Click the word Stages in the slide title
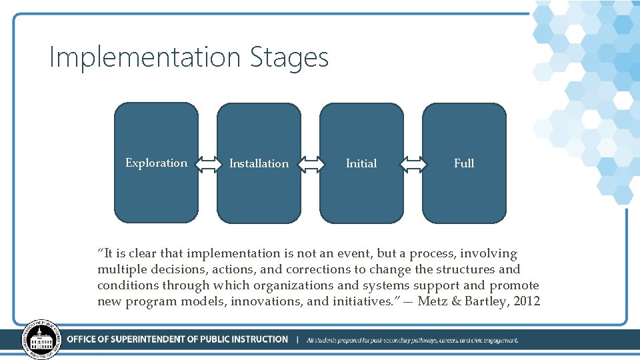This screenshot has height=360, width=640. pyautogui.click(x=289, y=58)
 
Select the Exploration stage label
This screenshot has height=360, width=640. pyautogui.click(x=157, y=163)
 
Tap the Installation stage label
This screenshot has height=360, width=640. pyautogui.click(x=259, y=163)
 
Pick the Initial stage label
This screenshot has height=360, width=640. pyautogui.click(x=361, y=163)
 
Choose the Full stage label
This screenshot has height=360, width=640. pyautogui.click(x=464, y=163)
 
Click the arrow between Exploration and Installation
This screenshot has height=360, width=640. pyautogui.click(x=208, y=163)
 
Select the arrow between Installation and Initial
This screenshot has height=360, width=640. pyautogui.click(x=310, y=163)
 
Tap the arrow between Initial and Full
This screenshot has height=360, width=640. pyautogui.click(x=413, y=163)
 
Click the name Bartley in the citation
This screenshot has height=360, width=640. pyautogui.click(x=487, y=301)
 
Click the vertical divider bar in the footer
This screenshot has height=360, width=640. pyautogui.click(x=297, y=339)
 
